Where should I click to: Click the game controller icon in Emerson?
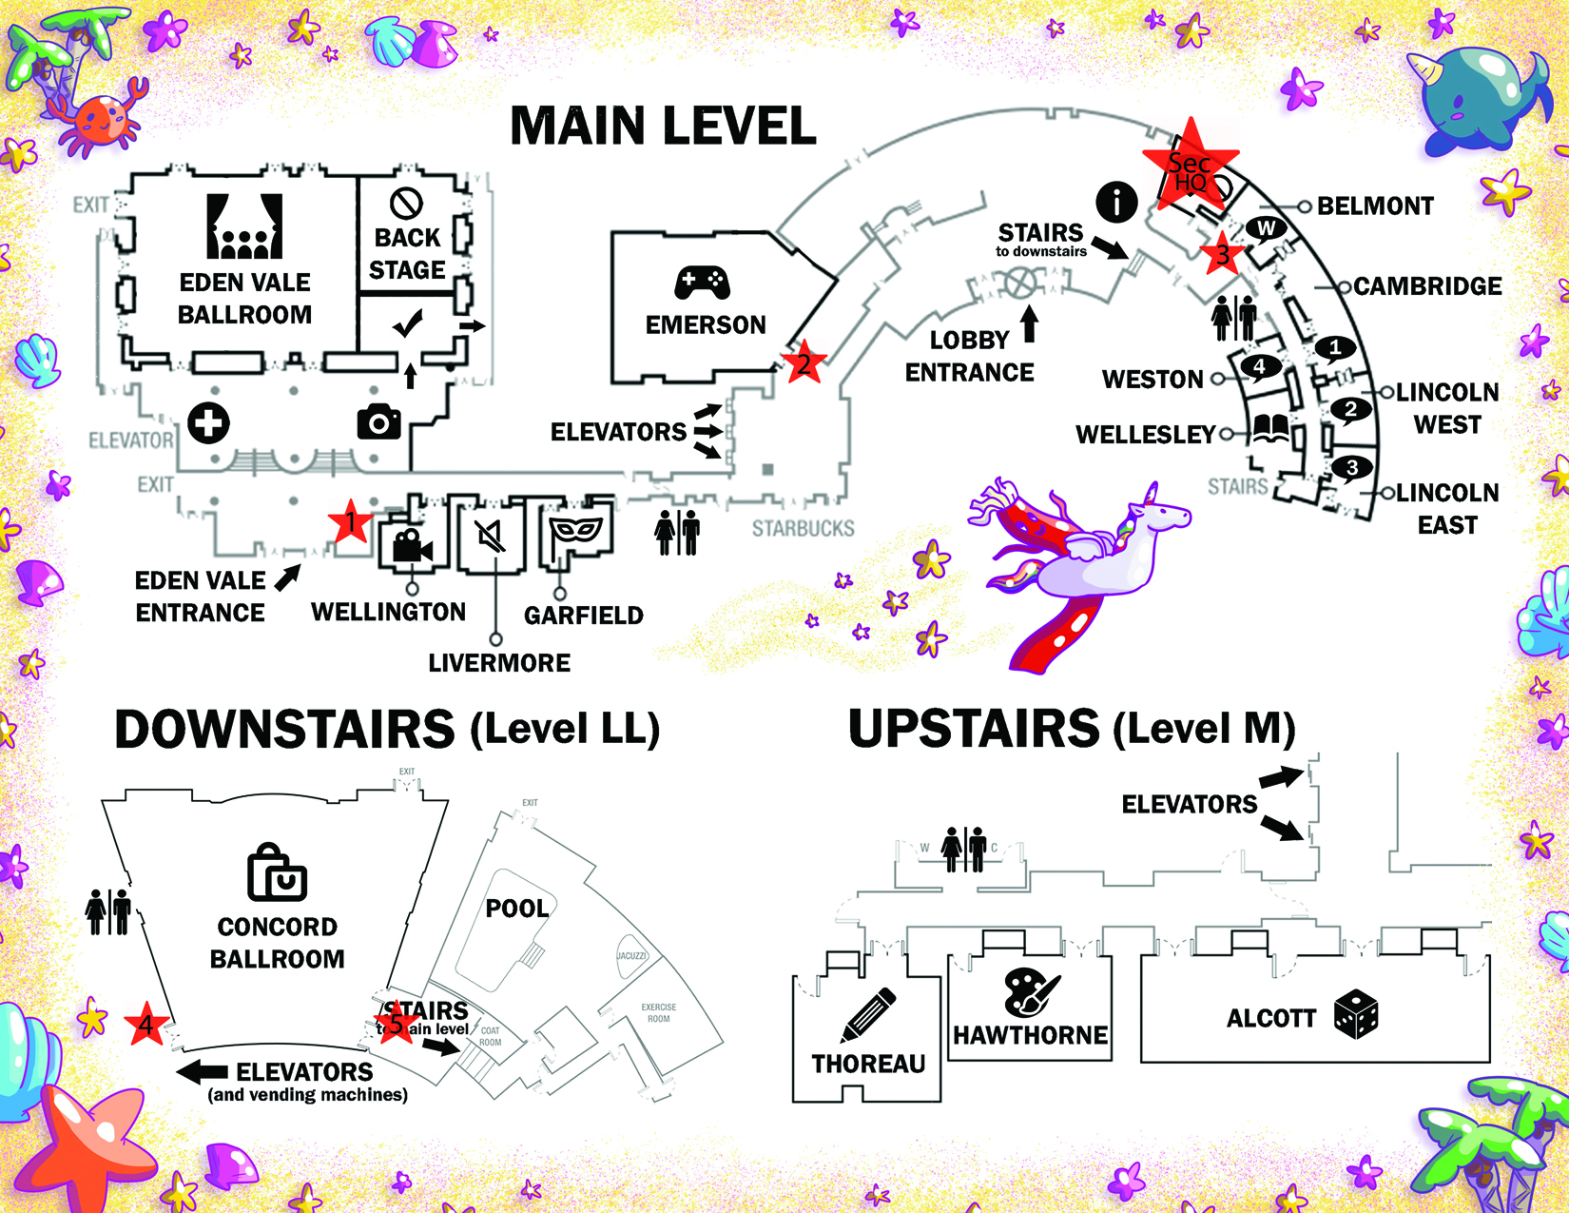click(x=702, y=283)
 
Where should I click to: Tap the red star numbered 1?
click(x=350, y=522)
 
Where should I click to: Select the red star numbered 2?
click(x=804, y=362)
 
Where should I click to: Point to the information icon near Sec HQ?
click(x=1116, y=202)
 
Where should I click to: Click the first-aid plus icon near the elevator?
click(x=208, y=422)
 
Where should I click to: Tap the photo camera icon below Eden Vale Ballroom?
click(x=378, y=421)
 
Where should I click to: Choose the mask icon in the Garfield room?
click(x=576, y=531)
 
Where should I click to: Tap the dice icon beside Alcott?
click(x=1356, y=1013)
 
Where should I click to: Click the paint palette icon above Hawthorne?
click(x=1031, y=992)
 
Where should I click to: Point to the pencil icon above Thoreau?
click(x=867, y=1015)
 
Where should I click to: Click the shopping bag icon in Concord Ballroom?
click(x=277, y=873)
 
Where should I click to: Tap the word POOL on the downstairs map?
click(x=517, y=909)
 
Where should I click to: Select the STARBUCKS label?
click(x=803, y=528)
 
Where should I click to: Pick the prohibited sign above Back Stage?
click(x=407, y=203)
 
